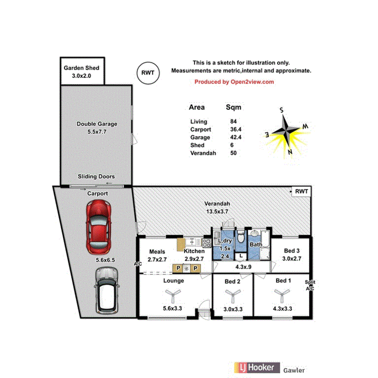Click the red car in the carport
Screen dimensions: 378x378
(99, 228)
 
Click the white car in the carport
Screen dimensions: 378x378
(107, 290)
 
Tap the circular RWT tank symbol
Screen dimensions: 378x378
(148, 73)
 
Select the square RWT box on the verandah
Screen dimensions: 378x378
(301, 191)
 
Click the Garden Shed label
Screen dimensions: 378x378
(82, 68)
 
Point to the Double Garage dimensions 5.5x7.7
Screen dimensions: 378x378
(97, 132)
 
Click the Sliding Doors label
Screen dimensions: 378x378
(96, 176)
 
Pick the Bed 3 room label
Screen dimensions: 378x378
(292, 251)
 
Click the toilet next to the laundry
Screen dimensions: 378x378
(241, 236)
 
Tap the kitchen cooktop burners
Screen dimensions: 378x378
(206, 243)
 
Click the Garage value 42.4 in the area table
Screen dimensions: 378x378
(236, 137)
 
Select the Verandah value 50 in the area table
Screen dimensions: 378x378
(233, 153)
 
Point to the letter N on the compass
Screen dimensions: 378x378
(290, 152)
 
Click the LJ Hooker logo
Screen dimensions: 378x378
(257, 367)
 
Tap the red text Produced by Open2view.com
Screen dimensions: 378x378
(234, 82)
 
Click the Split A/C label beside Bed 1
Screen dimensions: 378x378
(310, 285)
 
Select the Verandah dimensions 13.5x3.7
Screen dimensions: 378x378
(217, 212)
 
